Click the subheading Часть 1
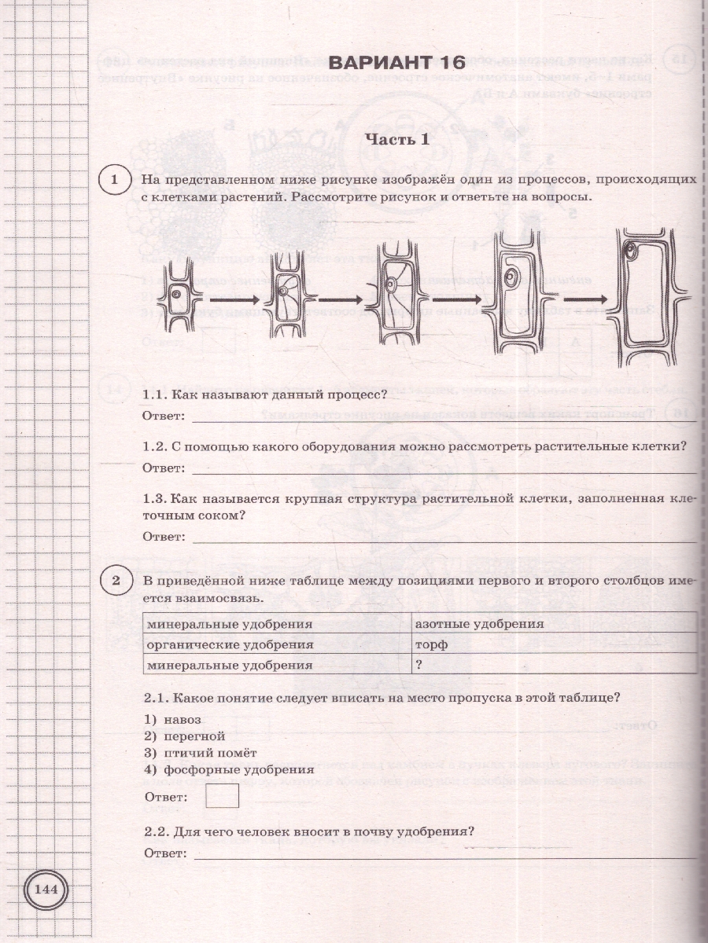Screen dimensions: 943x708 point(399,140)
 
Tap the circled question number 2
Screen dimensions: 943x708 point(116,582)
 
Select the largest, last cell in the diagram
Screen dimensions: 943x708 point(648,299)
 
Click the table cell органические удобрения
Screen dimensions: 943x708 point(275,644)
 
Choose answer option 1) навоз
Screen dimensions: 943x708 point(173,720)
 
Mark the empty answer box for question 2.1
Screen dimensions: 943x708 point(221,797)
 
